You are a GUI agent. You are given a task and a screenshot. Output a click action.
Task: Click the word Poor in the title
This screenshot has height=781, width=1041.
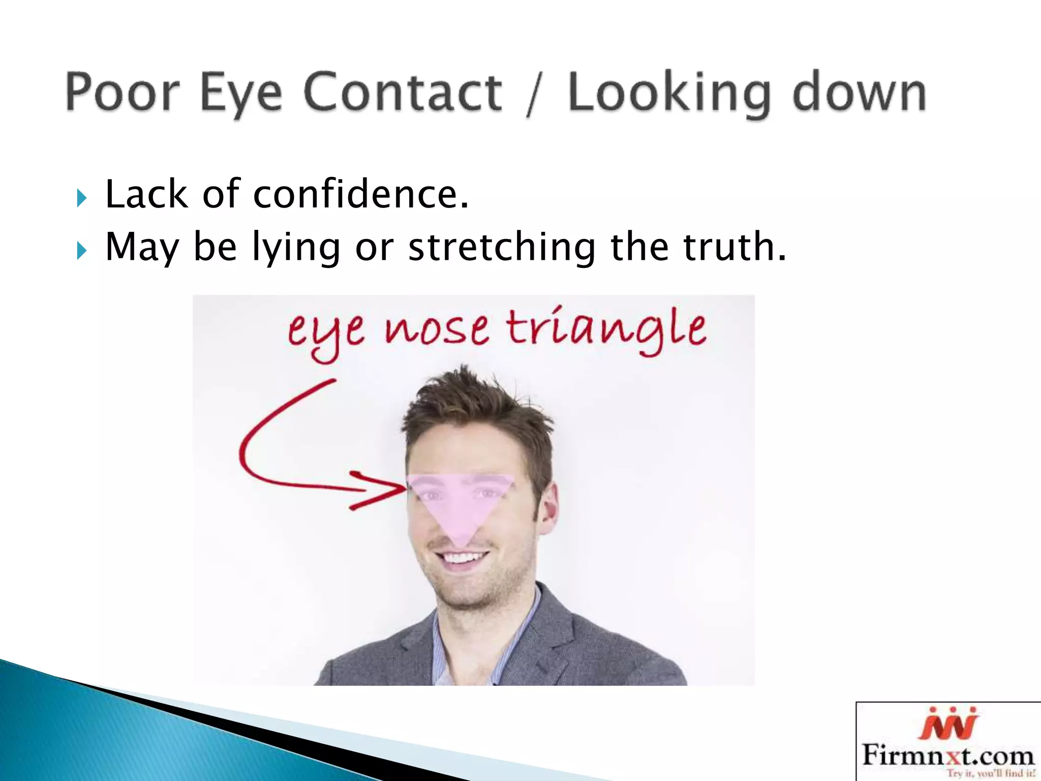(x=122, y=92)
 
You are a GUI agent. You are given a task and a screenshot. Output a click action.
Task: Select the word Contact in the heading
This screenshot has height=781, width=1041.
(x=403, y=92)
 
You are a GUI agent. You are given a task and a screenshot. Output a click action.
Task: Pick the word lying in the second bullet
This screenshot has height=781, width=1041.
(x=296, y=248)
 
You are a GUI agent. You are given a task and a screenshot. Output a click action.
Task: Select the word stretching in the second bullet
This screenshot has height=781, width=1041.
(x=501, y=248)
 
